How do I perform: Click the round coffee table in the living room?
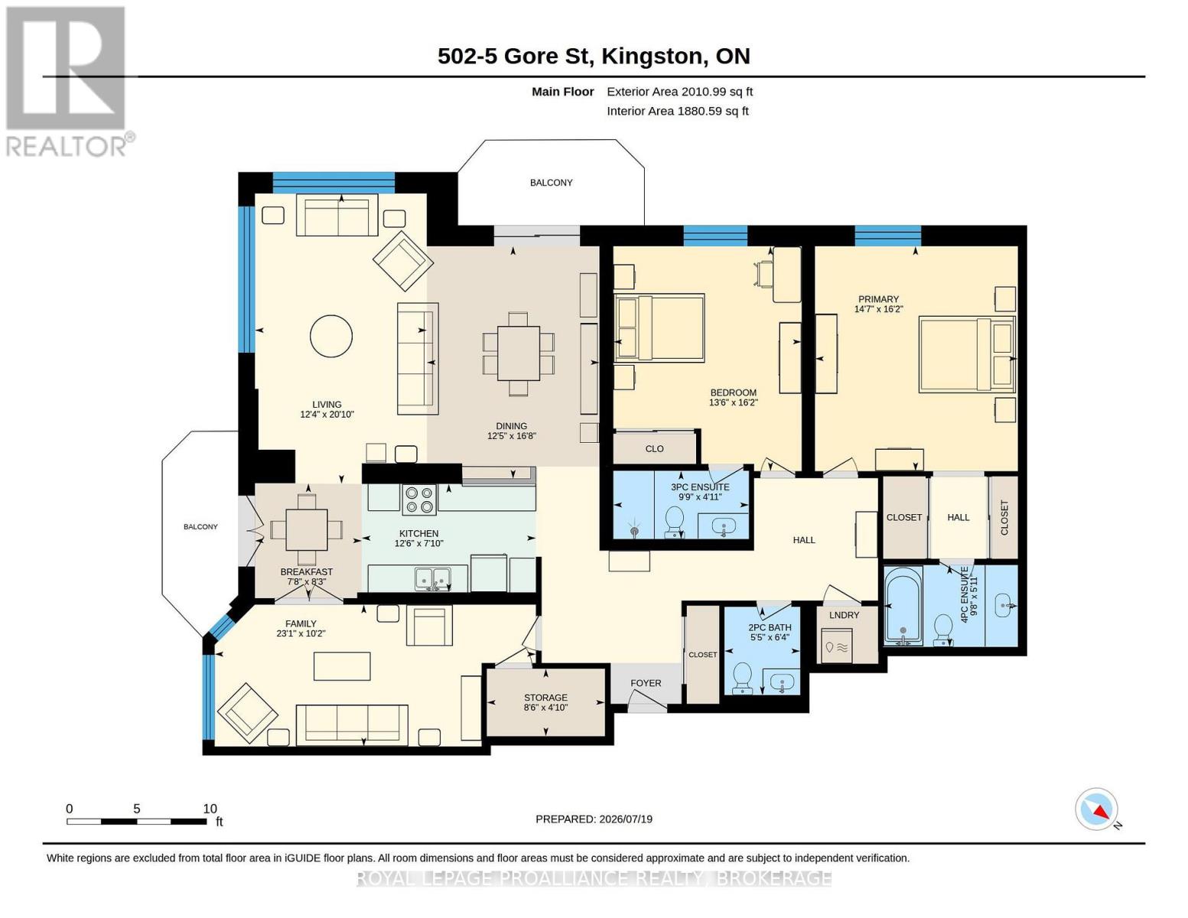pyautogui.click(x=330, y=336)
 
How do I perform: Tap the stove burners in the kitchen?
pyautogui.click(x=418, y=500)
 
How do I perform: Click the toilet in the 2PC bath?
pyautogui.click(x=742, y=678)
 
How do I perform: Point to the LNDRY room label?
pyautogui.click(x=844, y=615)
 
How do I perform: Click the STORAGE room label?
pyautogui.click(x=545, y=698)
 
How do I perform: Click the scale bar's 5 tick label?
pyautogui.click(x=137, y=809)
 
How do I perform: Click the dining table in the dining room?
pyautogui.click(x=518, y=353)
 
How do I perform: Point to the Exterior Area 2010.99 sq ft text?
pyautogui.click(x=679, y=92)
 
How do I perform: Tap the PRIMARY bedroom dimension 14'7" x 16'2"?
pyautogui.click(x=878, y=309)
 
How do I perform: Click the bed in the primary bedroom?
pyautogui.click(x=967, y=354)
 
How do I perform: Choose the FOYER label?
pyautogui.click(x=646, y=683)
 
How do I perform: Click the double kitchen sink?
pyautogui.click(x=432, y=578)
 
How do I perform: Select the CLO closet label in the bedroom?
pyautogui.click(x=654, y=449)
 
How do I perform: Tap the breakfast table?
pyautogui.click(x=306, y=530)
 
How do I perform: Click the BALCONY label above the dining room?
pyautogui.click(x=551, y=183)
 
